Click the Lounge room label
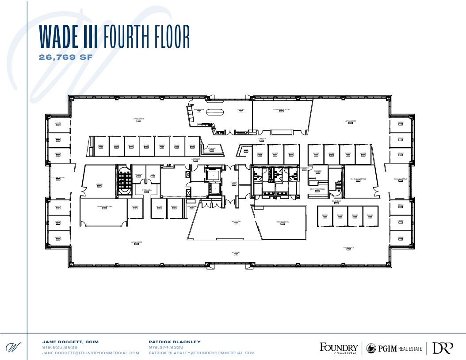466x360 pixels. (x=99, y=184)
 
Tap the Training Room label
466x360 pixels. (x=283, y=222)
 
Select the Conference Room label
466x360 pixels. (x=281, y=109)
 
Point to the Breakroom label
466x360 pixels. (x=199, y=109)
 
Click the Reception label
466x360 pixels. (x=235, y=222)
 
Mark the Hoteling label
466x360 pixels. (x=236, y=253)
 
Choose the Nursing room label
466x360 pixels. (x=317, y=171)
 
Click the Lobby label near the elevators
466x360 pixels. (x=234, y=182)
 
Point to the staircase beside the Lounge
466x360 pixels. (x=123, y=180)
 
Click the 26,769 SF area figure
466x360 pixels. (x=65, y=57)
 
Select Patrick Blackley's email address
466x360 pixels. (x=202, y=353)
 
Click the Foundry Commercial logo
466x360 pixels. (x=338, y=348)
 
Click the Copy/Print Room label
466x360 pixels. (x=317, y=189)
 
